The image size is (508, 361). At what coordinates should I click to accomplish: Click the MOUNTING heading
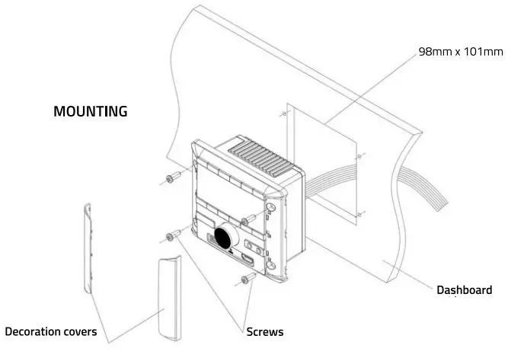(x=90, y=111)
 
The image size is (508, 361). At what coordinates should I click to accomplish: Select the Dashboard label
(x=464, y=290)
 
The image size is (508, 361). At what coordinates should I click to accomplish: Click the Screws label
(x=265, y=332)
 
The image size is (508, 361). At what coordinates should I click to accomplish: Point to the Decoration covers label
(x=51, y=332)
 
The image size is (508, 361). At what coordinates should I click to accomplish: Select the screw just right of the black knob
(x=247, y=222)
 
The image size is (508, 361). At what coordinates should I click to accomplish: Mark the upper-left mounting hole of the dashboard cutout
(x=283, y=115)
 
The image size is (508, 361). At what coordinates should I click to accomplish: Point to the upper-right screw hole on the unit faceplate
(x=270, y=206)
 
